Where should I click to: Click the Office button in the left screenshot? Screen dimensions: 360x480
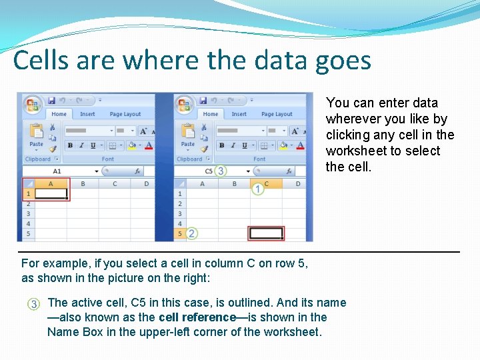coord(31,105)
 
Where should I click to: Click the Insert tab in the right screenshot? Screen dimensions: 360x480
coord(239,114)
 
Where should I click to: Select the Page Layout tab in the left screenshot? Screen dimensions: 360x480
coord(125,114)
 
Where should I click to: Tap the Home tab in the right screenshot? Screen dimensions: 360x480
coord(211,114)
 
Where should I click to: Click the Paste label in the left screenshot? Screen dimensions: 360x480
coord(36,144)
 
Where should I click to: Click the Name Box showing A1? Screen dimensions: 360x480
coord(57,171)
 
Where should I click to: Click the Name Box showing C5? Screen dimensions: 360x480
coord(209,171)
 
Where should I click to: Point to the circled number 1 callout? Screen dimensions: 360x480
coord(258,190)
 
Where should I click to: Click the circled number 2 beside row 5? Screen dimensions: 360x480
coord(192,233)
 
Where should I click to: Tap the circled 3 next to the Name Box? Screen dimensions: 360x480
coord(221,171)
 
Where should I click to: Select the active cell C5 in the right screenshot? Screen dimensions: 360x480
coord(265,233)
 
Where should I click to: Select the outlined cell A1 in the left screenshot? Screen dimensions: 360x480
coord(51,194)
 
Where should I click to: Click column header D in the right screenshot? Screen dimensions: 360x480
coord(297,183)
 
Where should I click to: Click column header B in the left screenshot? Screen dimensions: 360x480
coord(83,183)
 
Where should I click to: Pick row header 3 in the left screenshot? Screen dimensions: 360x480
coord(28,214)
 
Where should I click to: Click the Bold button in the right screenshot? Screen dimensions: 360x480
coord(222,145)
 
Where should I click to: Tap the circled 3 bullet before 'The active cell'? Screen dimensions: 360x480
coord(33,304)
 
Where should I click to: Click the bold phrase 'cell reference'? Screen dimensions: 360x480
coord(197,317)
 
